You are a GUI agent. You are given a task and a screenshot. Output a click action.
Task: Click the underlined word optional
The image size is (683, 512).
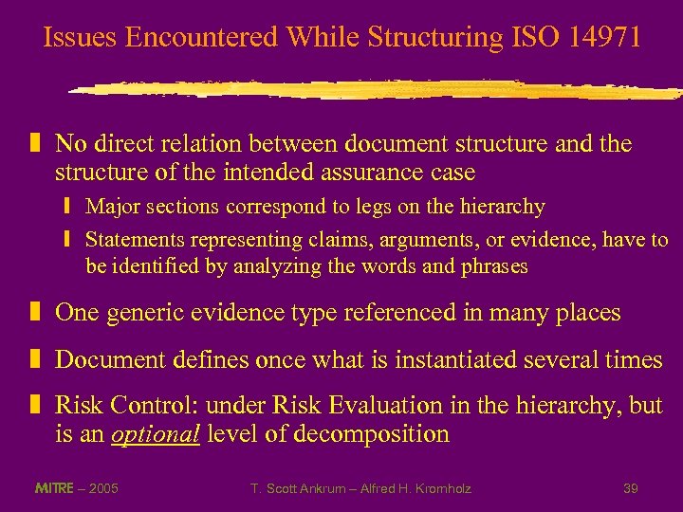[156, 434]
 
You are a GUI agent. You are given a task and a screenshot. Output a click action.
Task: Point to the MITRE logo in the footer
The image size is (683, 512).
[54, 488]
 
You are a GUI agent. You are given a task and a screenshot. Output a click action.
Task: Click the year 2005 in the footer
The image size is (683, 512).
[102, 488]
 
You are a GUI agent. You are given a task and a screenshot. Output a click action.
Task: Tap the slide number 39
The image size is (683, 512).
[630, 488]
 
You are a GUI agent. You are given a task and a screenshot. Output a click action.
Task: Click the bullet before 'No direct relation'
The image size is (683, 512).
[35, 144]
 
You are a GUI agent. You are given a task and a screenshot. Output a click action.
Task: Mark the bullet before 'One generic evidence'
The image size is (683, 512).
[35, 313]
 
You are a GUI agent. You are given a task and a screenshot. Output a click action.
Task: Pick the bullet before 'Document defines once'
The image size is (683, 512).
[35, 359]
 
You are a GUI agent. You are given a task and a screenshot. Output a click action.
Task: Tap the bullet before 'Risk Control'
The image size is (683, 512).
[35, 406]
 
